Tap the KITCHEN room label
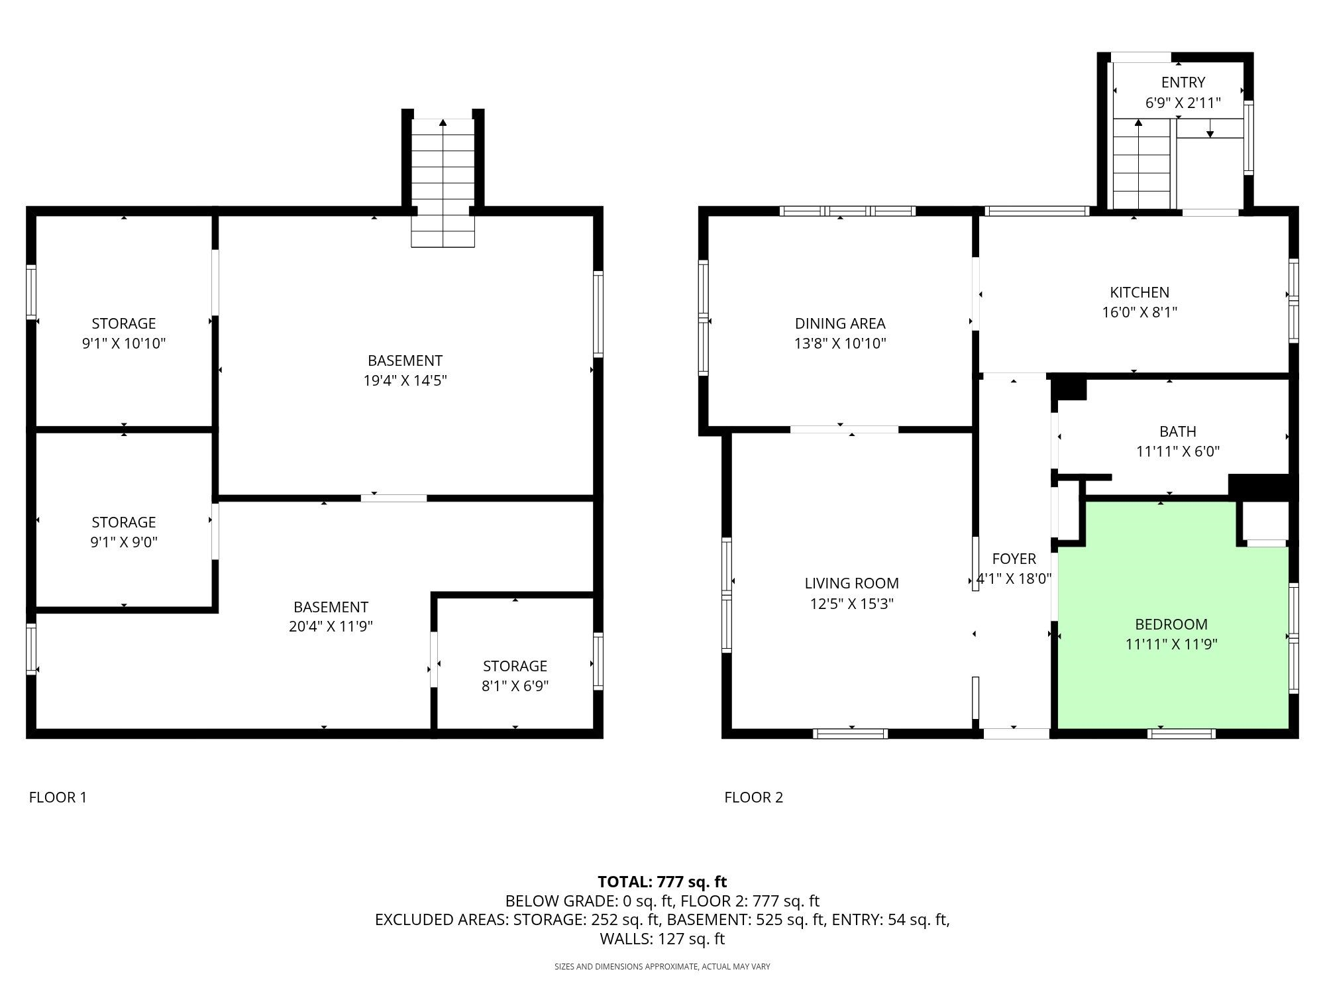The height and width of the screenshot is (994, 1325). point(1139,292)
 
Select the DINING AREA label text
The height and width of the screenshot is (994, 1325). point(840,323)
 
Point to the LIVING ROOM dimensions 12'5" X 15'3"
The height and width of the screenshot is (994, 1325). point(852,604)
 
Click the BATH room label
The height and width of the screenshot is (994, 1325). point(1178,431)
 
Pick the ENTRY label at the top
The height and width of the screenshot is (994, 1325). point(1183,82)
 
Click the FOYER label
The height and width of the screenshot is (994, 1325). point(1014,559)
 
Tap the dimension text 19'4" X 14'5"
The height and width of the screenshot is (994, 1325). point(405,380)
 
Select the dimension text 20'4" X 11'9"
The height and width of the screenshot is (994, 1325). point(331,626)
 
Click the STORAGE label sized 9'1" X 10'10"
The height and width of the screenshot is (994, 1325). point(124,323)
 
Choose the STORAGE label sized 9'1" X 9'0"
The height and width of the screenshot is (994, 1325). point(124,522)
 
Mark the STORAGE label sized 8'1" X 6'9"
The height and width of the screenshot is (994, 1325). point(515,666)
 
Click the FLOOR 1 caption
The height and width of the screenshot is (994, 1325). point(58,797)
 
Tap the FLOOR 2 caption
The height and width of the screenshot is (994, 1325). point(754,797)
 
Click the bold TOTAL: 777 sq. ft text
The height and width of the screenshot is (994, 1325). point(662,882)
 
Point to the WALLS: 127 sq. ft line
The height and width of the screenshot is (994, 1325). point(662,939)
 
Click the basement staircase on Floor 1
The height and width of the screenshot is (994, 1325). point(443,183)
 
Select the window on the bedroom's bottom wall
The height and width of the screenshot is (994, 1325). point(1182,734)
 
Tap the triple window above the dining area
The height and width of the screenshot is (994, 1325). point(848,211)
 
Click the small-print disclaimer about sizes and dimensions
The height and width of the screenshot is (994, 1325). point(662,967)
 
